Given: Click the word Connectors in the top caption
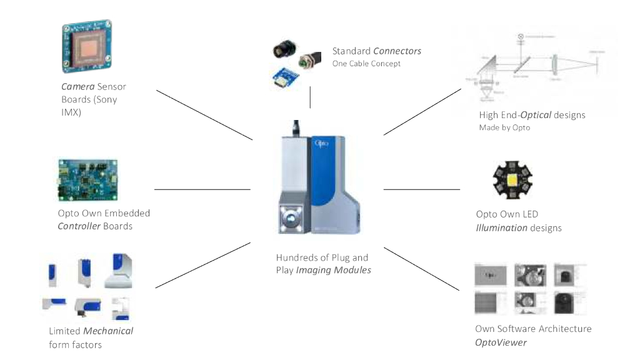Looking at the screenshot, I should click(397, 51).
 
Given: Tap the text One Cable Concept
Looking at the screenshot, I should click(366, 64).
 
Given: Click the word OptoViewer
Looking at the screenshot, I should click(501, 342).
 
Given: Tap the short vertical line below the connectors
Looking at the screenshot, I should click(310, 97).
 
